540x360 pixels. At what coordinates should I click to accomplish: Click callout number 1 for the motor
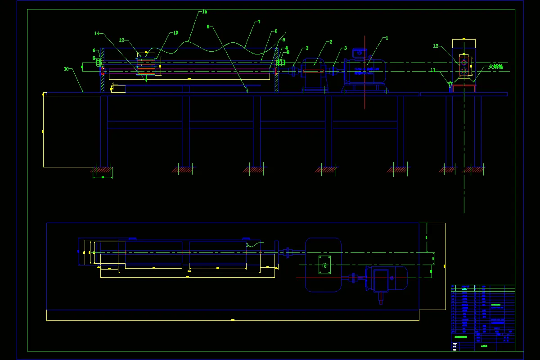[386, 38]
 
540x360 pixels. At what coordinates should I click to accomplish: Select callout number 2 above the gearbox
[331, 42]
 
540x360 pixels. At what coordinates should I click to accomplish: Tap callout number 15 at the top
[205, 11]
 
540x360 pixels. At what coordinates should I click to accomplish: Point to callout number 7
[259, 21]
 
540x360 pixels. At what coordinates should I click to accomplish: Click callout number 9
[208, 27]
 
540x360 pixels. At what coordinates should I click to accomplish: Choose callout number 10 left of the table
[66, 69]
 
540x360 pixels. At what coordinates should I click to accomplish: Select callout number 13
[175, 33]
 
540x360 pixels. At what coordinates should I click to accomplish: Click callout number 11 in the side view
[433, 70]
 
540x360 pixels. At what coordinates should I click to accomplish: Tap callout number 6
[275, 31]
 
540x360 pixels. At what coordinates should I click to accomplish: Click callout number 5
[283, 40]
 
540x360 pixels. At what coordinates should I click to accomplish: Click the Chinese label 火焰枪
[495, 67]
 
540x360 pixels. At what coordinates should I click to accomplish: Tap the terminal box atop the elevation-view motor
[359, 52]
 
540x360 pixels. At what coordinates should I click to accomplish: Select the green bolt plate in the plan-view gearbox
[324, 265]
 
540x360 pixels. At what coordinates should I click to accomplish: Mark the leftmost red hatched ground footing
[102, 170]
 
